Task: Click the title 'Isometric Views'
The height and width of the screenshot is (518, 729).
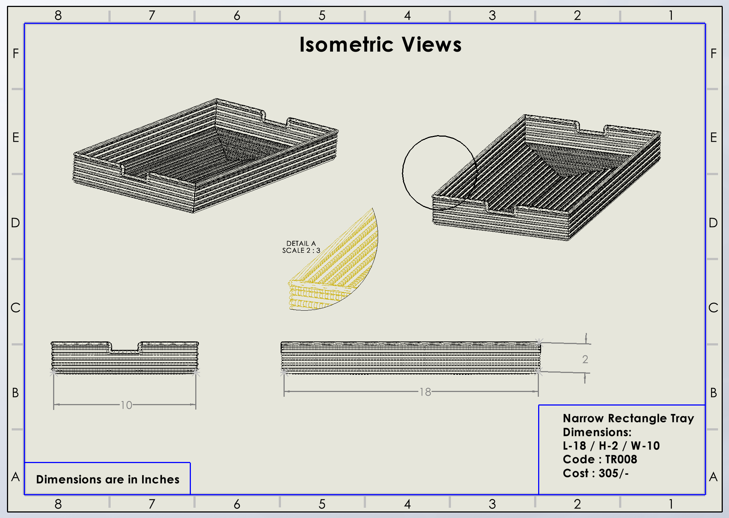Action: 380,45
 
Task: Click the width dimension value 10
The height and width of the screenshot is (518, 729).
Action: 126,405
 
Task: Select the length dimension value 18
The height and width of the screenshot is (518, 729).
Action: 425,392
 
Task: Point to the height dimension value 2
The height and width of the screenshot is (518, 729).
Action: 585,359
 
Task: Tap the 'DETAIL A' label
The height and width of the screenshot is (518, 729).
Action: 301,244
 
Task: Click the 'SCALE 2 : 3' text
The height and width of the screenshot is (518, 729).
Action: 301,251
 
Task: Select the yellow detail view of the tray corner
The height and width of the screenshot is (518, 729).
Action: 337,267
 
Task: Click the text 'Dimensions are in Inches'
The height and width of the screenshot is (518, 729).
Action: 108,479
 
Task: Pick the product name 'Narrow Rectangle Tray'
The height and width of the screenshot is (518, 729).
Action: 628,418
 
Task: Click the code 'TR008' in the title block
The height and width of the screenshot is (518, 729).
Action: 621,459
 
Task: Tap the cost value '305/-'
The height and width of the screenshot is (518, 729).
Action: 614,473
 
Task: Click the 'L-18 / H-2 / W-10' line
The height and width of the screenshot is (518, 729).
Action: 611,446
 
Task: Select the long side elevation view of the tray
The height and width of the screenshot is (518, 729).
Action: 410,358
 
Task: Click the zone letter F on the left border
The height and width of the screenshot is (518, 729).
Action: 15,54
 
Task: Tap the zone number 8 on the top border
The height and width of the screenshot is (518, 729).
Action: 58,15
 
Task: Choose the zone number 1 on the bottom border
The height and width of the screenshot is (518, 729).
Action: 670,504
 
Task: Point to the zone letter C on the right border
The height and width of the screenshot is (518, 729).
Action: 713,308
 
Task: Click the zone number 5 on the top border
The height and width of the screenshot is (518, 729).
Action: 322,15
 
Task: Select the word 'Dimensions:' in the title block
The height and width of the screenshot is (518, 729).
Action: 597,432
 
